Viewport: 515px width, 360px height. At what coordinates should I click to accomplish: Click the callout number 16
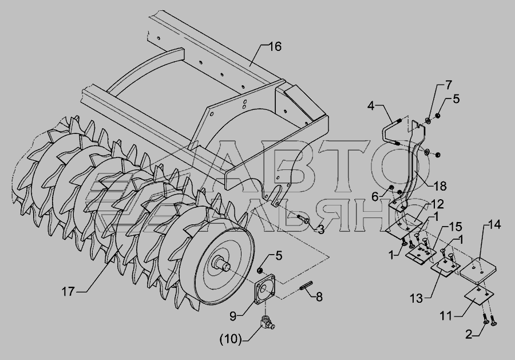[x=275, y=46]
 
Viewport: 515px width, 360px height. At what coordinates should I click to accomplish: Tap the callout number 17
[x=68, y=291]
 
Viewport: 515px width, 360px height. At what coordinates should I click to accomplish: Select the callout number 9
[x=233, y=317]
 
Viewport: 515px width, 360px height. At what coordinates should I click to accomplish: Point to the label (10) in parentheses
[x=231, y=339]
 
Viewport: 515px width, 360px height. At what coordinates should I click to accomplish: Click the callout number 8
[x=319, y=296]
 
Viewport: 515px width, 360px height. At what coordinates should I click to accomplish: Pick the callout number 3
[x=321, y=230]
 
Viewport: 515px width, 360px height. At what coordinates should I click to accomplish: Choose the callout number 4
[x=371, y=106]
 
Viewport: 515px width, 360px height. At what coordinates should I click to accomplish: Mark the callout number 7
[x=448, y=85]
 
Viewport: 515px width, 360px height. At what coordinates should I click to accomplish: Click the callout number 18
[x=440, y=186]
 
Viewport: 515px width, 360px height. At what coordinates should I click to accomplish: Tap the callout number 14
[x=494, y=225]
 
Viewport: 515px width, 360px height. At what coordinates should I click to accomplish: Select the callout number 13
[x=417, y=299]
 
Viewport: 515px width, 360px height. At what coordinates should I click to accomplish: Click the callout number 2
[x=469, y=334]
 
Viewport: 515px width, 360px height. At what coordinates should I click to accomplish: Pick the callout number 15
[x=455, y=226]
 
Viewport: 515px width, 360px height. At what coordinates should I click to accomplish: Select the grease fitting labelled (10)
[x=268, y=322]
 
